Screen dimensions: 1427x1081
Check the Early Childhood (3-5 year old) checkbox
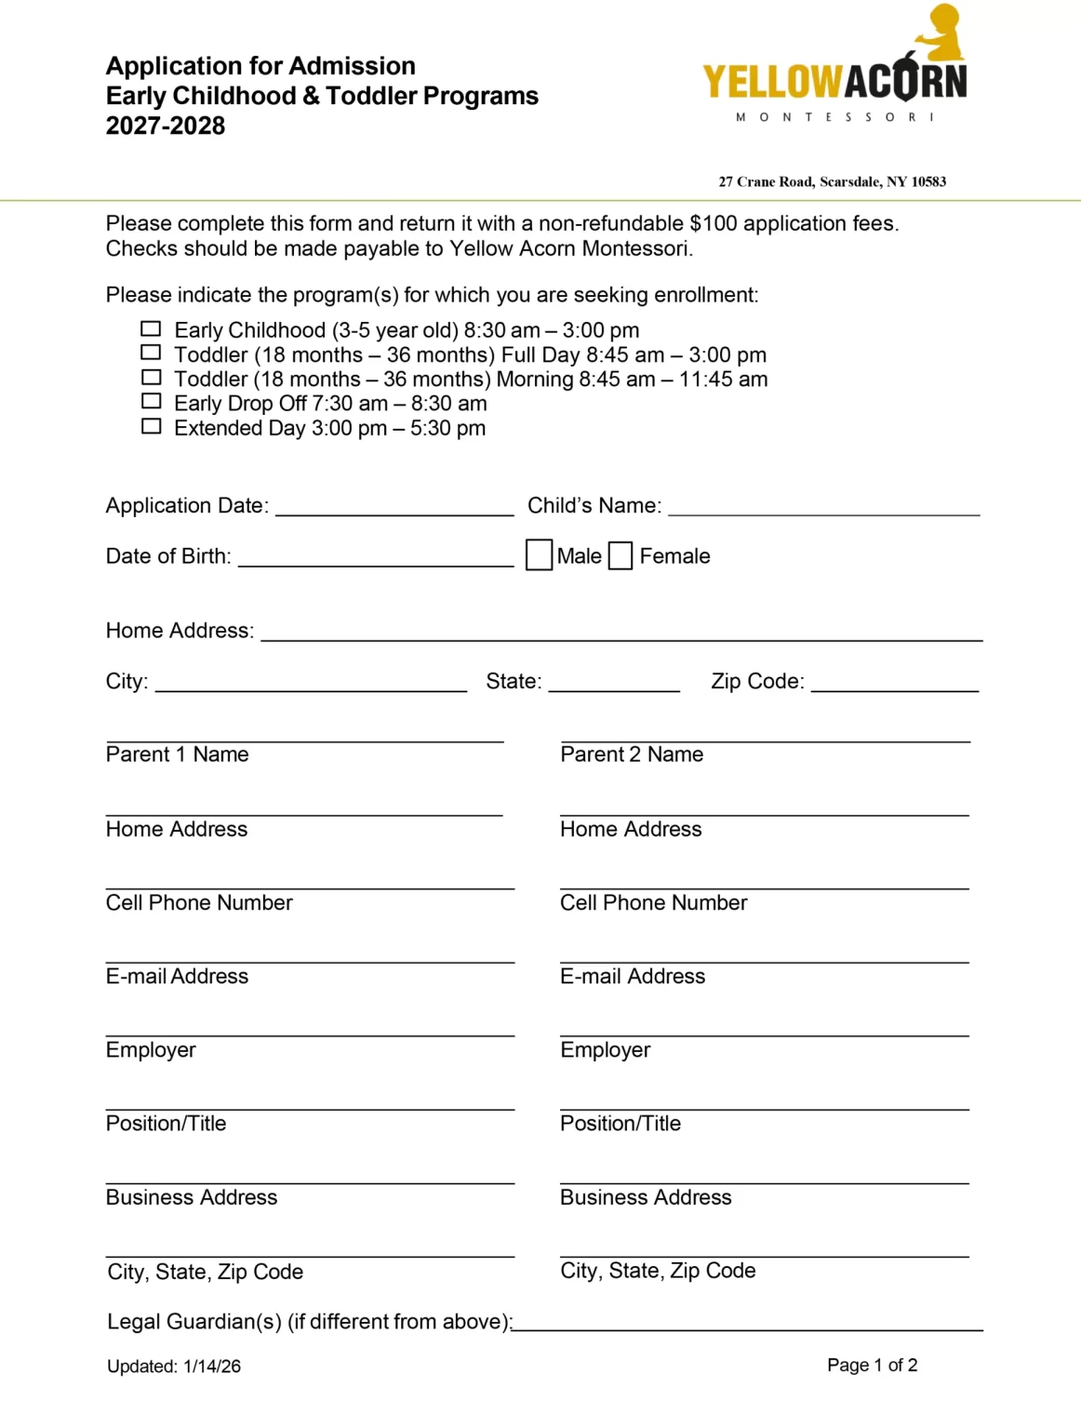pos(151,329)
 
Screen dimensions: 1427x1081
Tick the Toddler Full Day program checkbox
pos(151,353)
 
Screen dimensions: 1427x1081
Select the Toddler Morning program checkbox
pos(151,378)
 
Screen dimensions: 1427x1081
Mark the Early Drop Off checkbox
pos(151,402)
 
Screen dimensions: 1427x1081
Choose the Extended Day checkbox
pos(151,427)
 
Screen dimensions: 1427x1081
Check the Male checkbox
pos(539,555)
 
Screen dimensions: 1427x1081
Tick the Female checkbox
pos(621,555)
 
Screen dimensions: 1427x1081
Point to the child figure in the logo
pos(941,33)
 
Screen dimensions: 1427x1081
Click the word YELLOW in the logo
pos(772,82)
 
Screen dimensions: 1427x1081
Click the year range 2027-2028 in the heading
pos(166,127)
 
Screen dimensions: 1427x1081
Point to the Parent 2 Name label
pos(632,754)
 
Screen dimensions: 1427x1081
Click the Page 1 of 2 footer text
pos(872,1365)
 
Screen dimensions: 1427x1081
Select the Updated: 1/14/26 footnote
pos(174,1367)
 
